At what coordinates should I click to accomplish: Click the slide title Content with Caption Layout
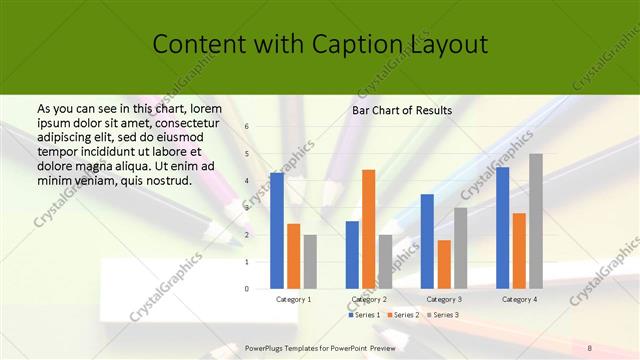pos(320,45)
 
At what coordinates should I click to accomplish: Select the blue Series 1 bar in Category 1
pos(276,231)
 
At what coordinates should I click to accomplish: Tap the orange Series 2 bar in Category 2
pos(368,229)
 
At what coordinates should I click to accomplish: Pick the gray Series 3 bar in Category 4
pos(536,221)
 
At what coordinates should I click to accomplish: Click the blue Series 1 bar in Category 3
pos(427,241)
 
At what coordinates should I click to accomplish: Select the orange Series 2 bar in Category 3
pos(444,264)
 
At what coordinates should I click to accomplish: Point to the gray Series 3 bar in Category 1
pos(310,262)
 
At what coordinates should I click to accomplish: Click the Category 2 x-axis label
pos(369,299)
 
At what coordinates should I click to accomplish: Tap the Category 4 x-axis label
pos(519,299)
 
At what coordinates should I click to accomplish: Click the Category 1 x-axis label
pos(293,299)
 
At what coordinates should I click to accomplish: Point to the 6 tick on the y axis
pos(247,127)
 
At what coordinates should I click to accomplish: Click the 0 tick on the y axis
pos(247,289)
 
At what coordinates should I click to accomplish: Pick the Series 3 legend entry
pos(443,315)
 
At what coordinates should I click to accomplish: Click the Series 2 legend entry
pos(405,315)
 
